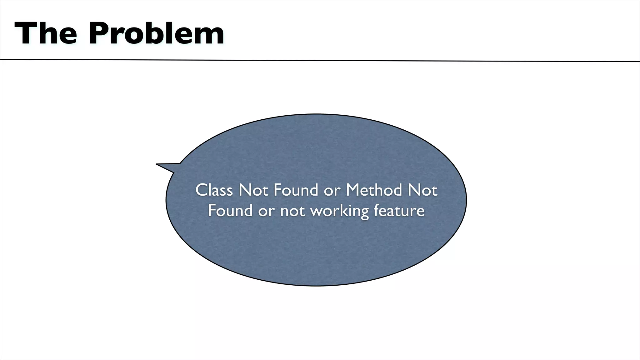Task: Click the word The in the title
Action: pos(46,34)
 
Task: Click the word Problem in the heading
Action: pos(156,34)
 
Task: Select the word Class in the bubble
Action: pos(214,190)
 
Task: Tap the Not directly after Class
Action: pos(253,190)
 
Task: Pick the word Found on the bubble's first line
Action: pos(296,190)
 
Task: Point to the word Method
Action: pos(374,190)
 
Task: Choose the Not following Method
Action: pos(422,190)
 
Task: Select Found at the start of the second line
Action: pos(230,210)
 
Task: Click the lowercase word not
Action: pos(292,211)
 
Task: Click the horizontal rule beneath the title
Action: pos(320,60)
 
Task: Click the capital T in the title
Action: pos(24,34)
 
